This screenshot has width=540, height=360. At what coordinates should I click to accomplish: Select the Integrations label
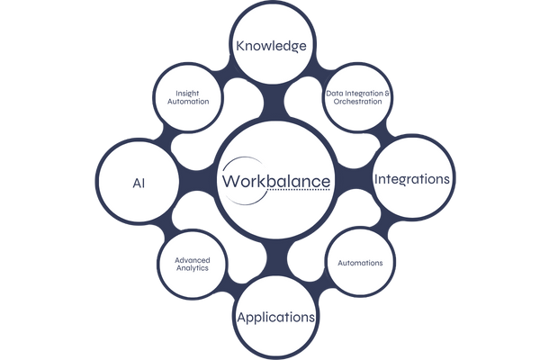click(x=411, y=179)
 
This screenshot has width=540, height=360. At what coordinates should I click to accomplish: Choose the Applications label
click(x=275, y=317)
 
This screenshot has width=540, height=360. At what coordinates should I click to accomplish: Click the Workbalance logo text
click(x=275, y=181)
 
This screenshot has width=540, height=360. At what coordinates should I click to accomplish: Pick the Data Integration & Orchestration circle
click(x=358, y=97)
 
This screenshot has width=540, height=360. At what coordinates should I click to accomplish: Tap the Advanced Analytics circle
click(x=193, y=263)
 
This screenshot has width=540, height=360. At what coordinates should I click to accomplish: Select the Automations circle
click(x=360, y=263)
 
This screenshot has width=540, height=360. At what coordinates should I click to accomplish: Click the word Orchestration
click(x=358, y=103)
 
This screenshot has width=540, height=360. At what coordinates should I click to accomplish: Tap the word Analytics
click(x=193, y=268)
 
